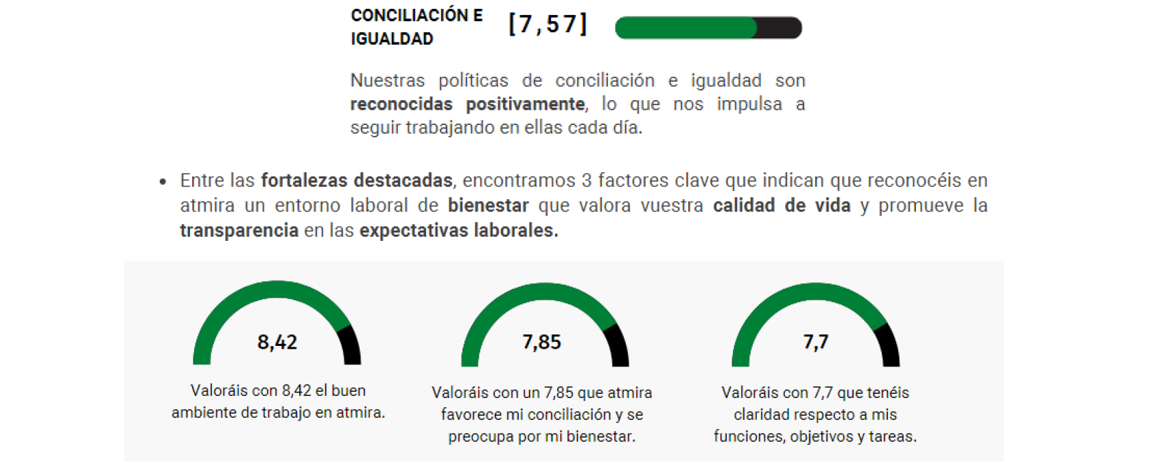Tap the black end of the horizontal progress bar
(x=779, y=27)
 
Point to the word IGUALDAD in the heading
(x=392, y=39)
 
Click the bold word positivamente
(x=525, y=104)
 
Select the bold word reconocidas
(x=401, y=104)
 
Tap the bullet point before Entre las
(x=163, y=182)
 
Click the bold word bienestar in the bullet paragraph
(x=488, y=205)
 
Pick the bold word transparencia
(x=239, y=231)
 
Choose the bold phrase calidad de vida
(x=782, y=205)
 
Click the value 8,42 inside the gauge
(x=277, y=342)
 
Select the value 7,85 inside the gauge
(x=541, y=342)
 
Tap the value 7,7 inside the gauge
(x=816, y=342)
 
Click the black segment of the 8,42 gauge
(x=351, y=345)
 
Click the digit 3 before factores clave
(x=587, y=180)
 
